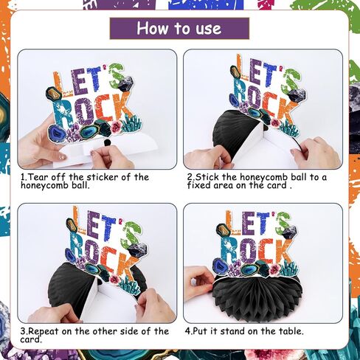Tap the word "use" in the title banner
(209, 30)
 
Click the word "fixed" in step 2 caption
(199, 185)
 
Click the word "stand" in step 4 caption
(232, 331)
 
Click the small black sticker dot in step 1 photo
(107, 142)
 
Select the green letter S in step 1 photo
(117, 75)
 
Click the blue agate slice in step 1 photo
(58, 134)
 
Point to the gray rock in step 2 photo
(297, 95)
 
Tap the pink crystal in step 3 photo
(115, 280)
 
